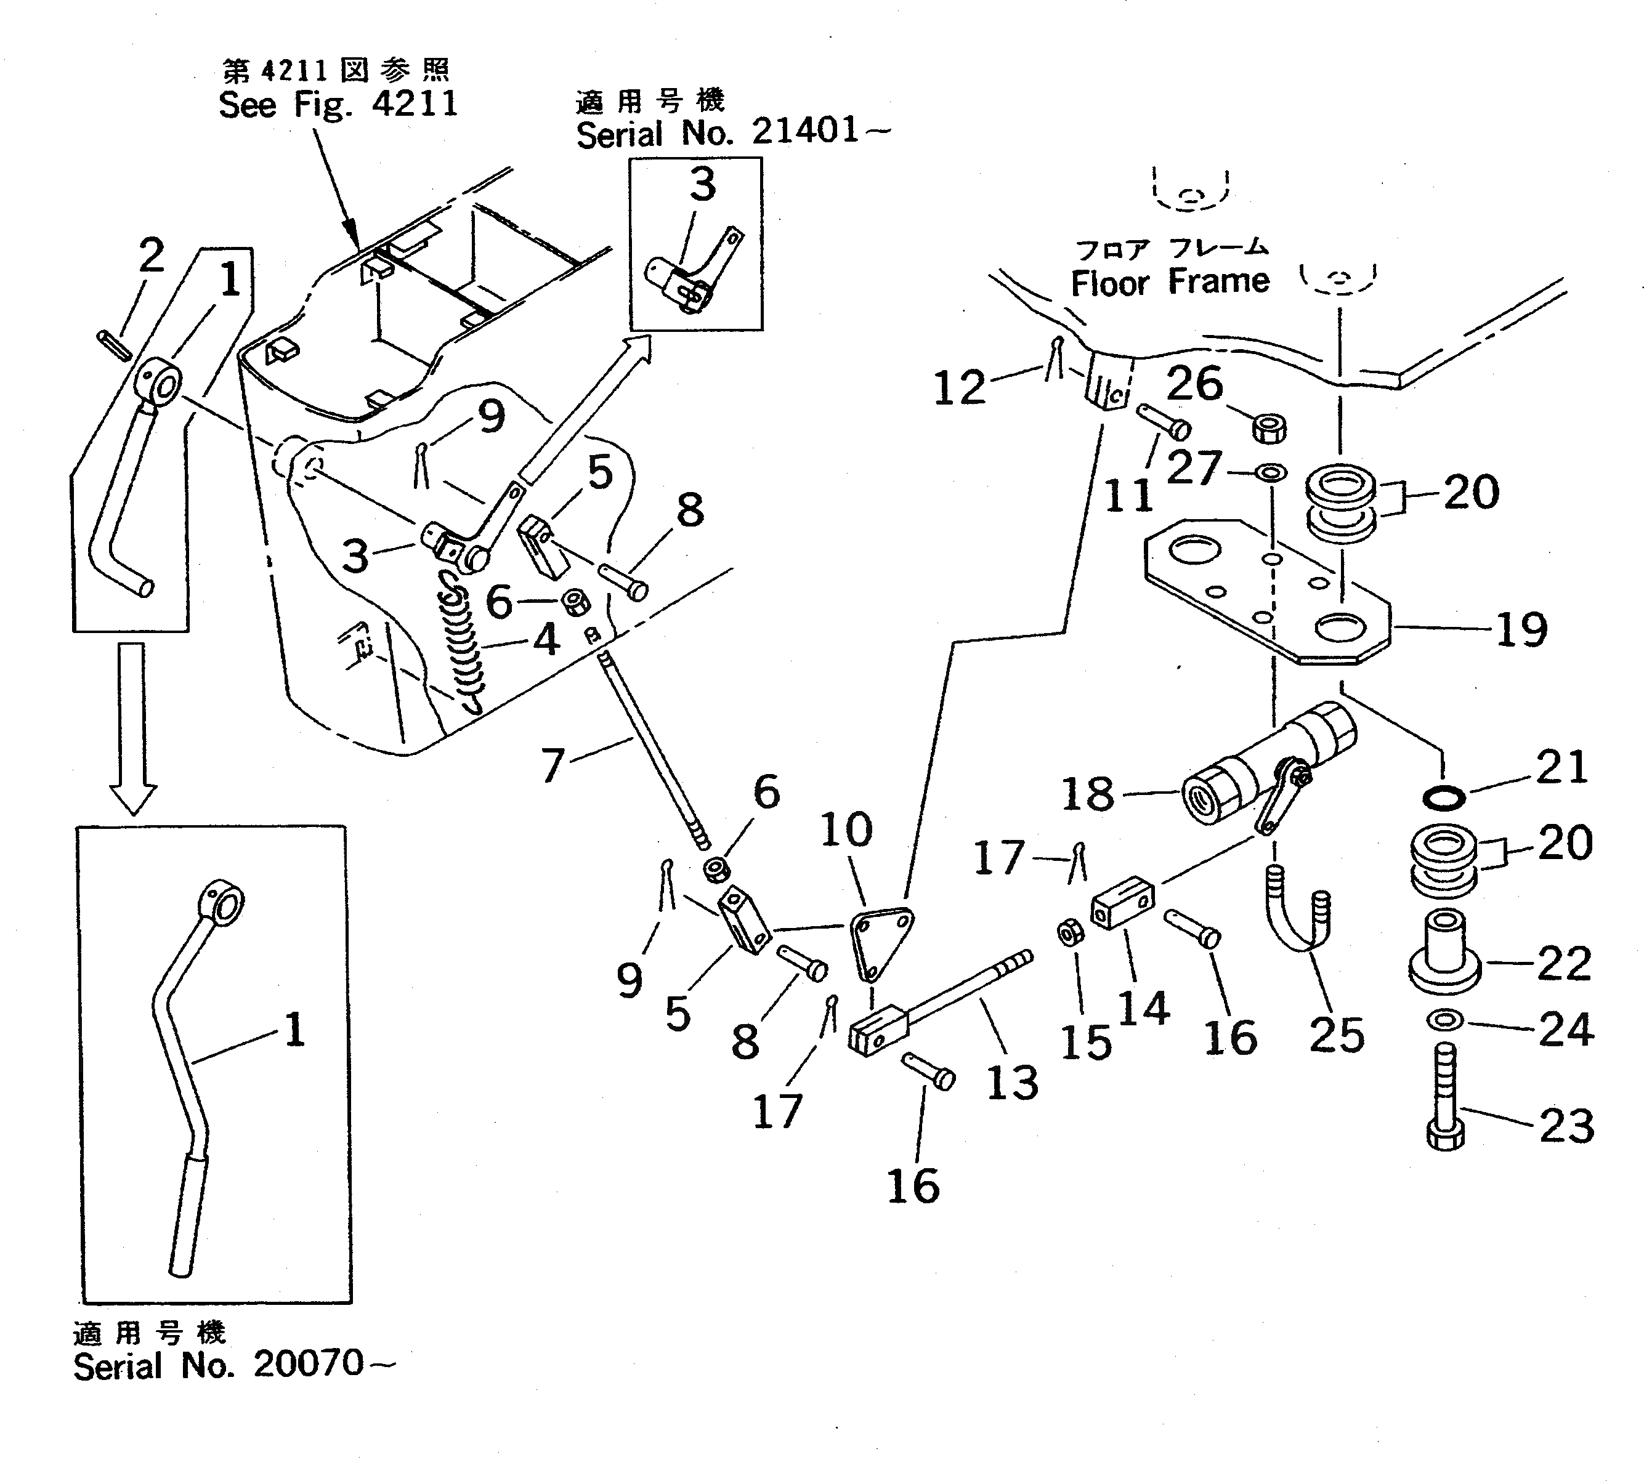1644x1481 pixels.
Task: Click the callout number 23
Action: [x=1566, y=1126]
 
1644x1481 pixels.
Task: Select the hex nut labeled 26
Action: [x=1268, y=428]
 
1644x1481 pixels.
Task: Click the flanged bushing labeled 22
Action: [x=1444, y=952]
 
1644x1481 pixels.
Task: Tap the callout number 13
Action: [x=1011, y=1083]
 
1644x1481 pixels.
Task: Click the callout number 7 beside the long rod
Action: [x=553, y=765]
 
